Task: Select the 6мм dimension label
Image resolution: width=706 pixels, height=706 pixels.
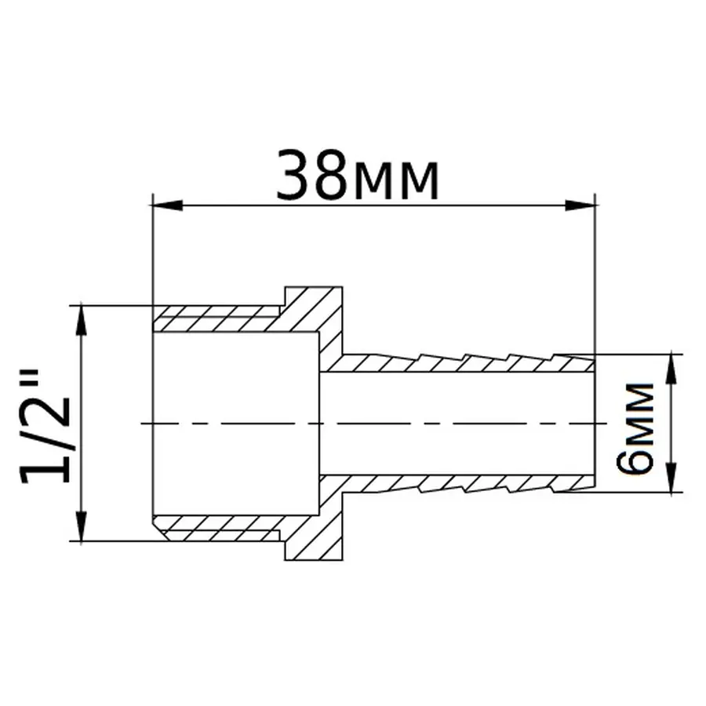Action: tap(635, 428)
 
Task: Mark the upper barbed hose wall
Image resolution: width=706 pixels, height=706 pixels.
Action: tap(463, 363)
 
